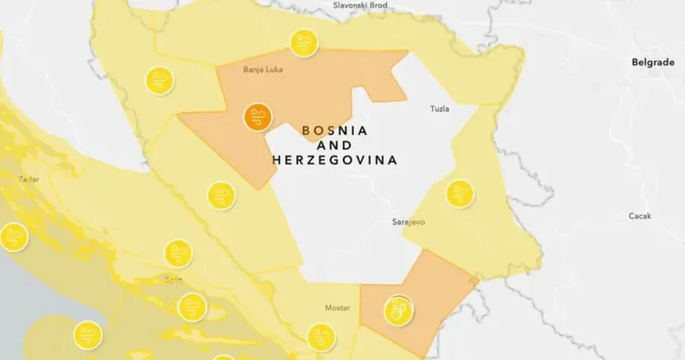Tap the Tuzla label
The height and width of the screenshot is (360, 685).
pyautogui.click(x=440, y=108)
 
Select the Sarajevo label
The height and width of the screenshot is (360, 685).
pyautogui.click(x=406, y=221)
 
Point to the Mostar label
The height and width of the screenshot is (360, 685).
pyautogui.click(x=337, y=307)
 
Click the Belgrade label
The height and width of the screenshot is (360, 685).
pyautogui.click(x=653, y=63)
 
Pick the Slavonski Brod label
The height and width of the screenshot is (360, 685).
pyautogui.click(x=361, y=5)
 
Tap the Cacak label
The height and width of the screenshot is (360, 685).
pyautogui.click(x=639, y=216)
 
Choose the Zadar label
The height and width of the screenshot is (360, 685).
pyautogui.click(x=28, y=180)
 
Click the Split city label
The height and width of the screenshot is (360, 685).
pyautogui.click(x=174, y=279)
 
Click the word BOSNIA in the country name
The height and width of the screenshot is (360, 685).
pyautogui.click(x=335, y=130)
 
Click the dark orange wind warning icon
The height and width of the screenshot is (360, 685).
pyautogui.click(x=257, y=117)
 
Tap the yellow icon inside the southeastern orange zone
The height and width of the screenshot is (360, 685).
pyautogui.click(x=398, y=310)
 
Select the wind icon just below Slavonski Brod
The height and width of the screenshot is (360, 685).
pyautogui.click(x=304, y=43)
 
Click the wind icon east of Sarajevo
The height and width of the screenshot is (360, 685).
pyautogui.click(x=460, y=193)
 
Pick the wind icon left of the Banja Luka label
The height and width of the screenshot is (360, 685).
pyautogui.click(x=160, y=80)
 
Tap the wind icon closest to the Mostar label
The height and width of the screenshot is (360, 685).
pyautogui.click(x=320, y=336)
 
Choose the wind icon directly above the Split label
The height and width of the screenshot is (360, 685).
pyautogui.click(x=178, y=253)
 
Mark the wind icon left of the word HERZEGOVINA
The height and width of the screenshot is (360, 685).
pyautogui.click(x=221, y=195)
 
